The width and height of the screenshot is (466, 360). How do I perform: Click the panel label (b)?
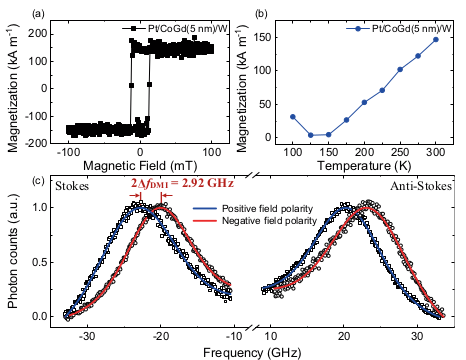tap(257, 12)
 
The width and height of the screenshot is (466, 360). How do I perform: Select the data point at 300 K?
tap(435, 39)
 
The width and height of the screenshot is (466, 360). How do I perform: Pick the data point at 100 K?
tap(292, 116)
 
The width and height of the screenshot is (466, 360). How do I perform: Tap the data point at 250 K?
tap(400, 70)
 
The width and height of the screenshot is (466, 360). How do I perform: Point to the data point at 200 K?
tap(364, 102)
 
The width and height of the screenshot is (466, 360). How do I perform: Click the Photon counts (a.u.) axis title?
tap(12, 260)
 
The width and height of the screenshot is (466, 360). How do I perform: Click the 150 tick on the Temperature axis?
tap(328, 153)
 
